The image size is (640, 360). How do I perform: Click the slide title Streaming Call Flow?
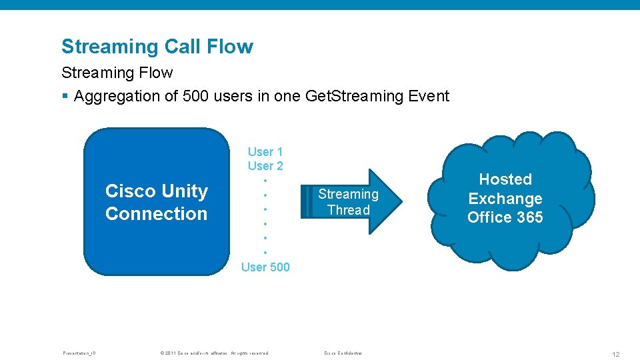(x=157, y=47)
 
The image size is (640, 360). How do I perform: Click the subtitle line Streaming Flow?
(x=117, y=73)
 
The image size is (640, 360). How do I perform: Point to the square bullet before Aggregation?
(x=65, y=97)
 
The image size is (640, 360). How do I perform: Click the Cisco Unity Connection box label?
(x=157, y=202)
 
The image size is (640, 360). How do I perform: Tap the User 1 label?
(x=265, y=152)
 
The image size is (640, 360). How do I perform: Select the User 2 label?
(x=265, y=166)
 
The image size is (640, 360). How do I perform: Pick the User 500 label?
(x=265, y=267)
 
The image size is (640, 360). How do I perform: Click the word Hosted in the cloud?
(x=505, y=179)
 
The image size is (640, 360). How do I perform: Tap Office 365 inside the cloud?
(x=505, y=217)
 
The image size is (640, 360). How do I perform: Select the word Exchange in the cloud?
(x=505, y=199)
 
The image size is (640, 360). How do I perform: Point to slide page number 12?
(x=615, y=354)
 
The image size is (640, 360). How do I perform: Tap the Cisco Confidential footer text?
(x=342, y=353)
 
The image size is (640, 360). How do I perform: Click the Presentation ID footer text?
(x=79, y=353)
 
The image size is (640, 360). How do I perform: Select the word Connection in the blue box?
(x=157, y=214)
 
